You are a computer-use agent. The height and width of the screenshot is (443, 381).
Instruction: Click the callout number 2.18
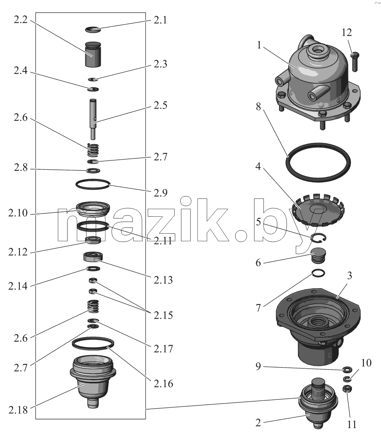[18, 410]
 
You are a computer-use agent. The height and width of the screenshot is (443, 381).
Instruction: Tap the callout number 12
[347, 33]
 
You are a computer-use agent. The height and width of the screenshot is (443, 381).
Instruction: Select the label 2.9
[160, 193]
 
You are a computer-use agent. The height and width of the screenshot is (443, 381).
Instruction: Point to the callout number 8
[258, 106]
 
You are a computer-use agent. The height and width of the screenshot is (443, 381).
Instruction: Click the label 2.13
[163, 280]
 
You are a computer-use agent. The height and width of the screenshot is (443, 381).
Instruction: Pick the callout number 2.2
[21, 20]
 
